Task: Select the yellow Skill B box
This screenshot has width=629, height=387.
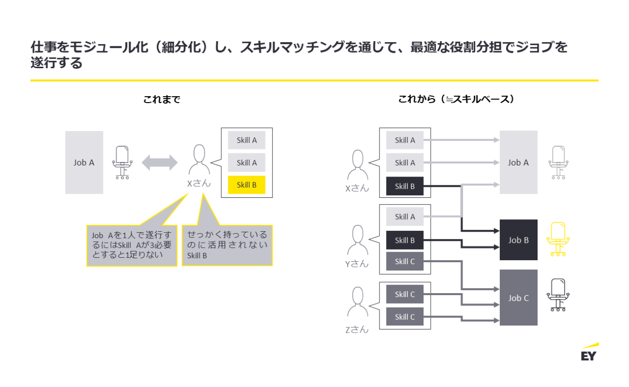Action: pyautogui.click(x=247, y=184)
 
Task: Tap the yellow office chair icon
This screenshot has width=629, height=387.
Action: pyautogui.click(x=558, y=239)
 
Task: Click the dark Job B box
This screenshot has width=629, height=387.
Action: pyautogui.click(x=518, y=240)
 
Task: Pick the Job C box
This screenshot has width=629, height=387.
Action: pyautogui.click(x=518, y=298)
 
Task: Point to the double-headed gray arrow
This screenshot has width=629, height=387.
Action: pyautogui.click(x=160, y=163)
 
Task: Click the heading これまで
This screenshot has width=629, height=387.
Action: pyautogui.click(x=162, y=100)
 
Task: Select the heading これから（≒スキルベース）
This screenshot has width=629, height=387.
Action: pyautogui.click(x=456, y=100)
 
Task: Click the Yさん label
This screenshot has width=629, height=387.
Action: pyautogui.click(x=357, y=264)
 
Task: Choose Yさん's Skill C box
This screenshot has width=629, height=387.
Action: pyautogui.click(x=405, y=261)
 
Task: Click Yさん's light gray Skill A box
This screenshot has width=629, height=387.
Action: pyautogui.click(x=405, y=217)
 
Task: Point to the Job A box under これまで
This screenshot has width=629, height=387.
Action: pyautogui.click(x=84, y=163)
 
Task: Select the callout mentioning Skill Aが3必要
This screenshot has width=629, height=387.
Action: pyautogui.click(x=131, y=245)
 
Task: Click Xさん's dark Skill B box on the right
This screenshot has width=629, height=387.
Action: pyautogui.click(x=405, y=186)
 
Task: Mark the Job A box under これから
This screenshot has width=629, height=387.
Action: pyautogui.click(x=518, y=163)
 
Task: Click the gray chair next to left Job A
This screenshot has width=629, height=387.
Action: pyautogui.click(x=122, y=163)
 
